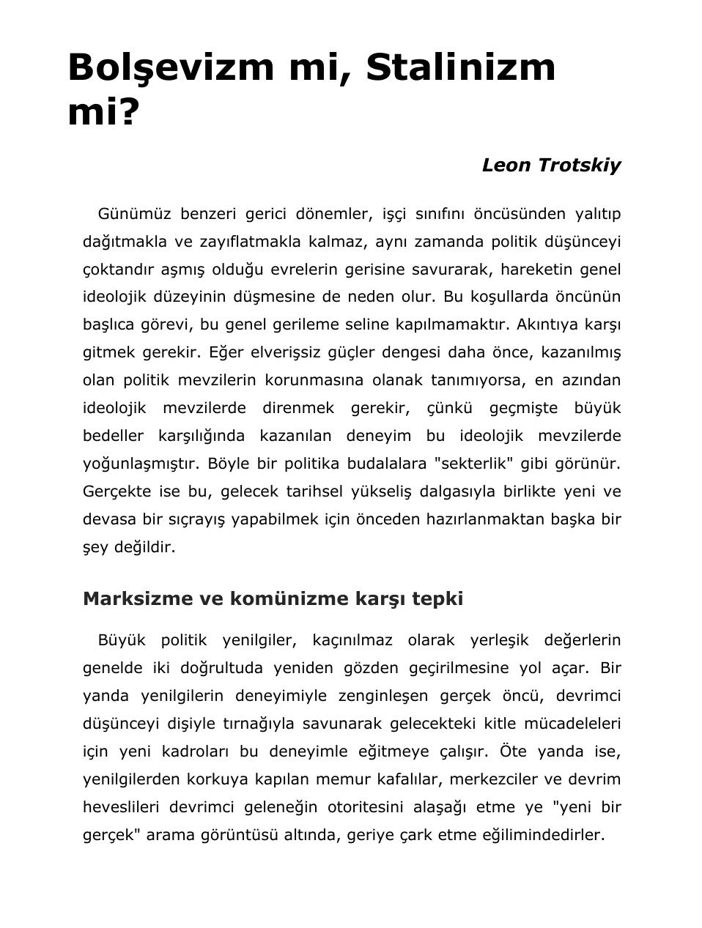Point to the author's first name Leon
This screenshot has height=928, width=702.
(506, 166)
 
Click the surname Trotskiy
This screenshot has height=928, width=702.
(580, 166)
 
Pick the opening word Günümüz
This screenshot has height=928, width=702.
(134, 214)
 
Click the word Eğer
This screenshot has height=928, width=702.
(225, 352)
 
